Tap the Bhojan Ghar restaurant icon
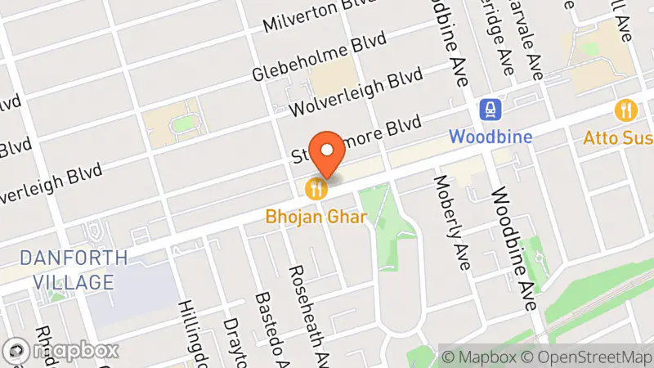[x=317, y=190]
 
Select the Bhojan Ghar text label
[x=316, y=218]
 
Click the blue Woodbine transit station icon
[x=490, y=109]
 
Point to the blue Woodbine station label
[x=490, y=136]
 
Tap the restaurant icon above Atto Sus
[x=626, y=110]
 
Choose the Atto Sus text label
[x=617, y=137]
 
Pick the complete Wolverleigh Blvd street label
[x=354, y=92]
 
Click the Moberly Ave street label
[x=453, y=222]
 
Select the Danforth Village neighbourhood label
[x=74, y=271]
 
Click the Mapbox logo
[x=62, y=350]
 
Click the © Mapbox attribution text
[x=478, y=357]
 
